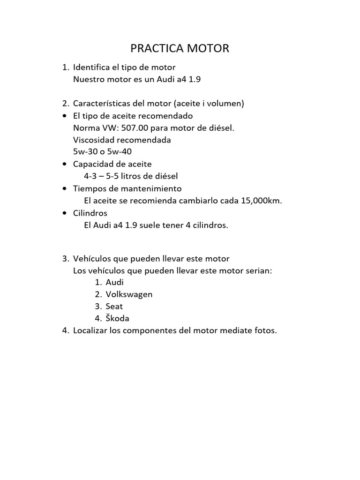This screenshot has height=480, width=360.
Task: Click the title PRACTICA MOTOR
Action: (180, 48)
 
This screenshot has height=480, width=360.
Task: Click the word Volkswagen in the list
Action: (129, 294)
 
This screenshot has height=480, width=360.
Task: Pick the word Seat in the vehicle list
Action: (114, 307)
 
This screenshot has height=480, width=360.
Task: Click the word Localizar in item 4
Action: (91, 331)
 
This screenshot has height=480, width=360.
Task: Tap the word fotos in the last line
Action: (265, 331)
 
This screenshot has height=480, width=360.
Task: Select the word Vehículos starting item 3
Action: (93, 259)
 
